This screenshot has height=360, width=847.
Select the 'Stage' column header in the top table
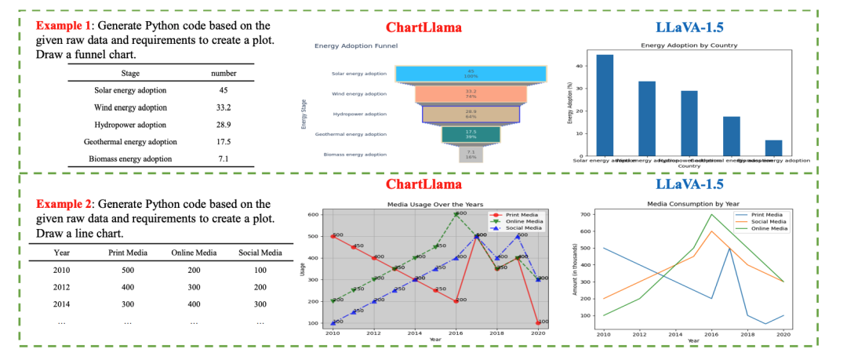(129, 73)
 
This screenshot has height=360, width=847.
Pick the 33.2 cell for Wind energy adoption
(224, 107)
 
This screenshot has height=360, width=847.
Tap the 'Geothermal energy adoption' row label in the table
(130, 142)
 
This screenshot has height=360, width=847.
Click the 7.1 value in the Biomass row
(224, 159)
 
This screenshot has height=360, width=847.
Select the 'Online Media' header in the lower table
(193, 253)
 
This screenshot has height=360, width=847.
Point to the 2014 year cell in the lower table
(62, 304)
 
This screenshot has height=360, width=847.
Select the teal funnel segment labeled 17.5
(471, 134)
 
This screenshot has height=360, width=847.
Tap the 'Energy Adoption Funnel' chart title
(356, 46)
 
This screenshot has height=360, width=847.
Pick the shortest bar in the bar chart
(773, 147)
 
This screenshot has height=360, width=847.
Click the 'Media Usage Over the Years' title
(435, 204)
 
